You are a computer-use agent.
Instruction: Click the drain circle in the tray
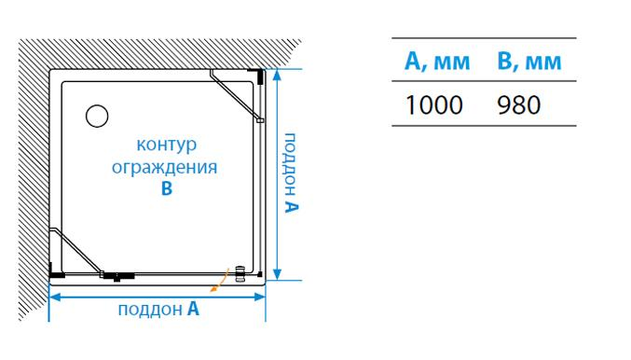(x=97, y=116)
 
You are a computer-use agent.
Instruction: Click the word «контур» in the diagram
(x=168, y=147)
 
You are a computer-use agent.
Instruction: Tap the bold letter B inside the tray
(x=167, y=188)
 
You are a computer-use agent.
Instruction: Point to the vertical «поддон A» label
(x=292, y=173)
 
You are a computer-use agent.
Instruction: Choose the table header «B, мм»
(x=530, y=63)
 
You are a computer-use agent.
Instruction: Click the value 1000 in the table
(x=434, y=105)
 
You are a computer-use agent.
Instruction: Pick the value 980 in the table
(x=519, y=105)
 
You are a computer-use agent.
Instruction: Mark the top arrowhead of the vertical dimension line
(x=276, y=74)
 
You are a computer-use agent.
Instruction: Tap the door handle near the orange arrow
(x=241, y=272)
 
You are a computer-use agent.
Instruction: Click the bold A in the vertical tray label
(x=292, y=206)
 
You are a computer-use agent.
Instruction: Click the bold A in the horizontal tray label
(x=193, y=310)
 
